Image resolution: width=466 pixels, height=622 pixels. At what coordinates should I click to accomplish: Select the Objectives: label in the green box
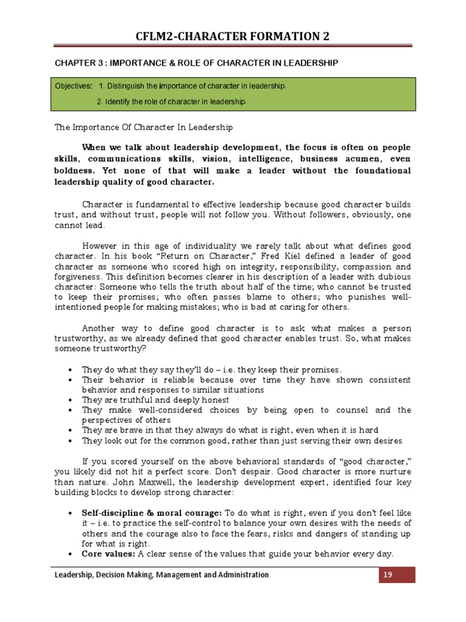(x=73, y=86)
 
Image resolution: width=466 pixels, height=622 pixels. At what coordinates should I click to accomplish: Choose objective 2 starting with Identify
(x=171, y=101)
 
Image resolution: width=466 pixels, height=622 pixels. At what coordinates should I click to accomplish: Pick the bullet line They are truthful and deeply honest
(x=155, y=400)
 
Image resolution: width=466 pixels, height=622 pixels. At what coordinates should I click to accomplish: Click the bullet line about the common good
(x=241, y=440)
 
